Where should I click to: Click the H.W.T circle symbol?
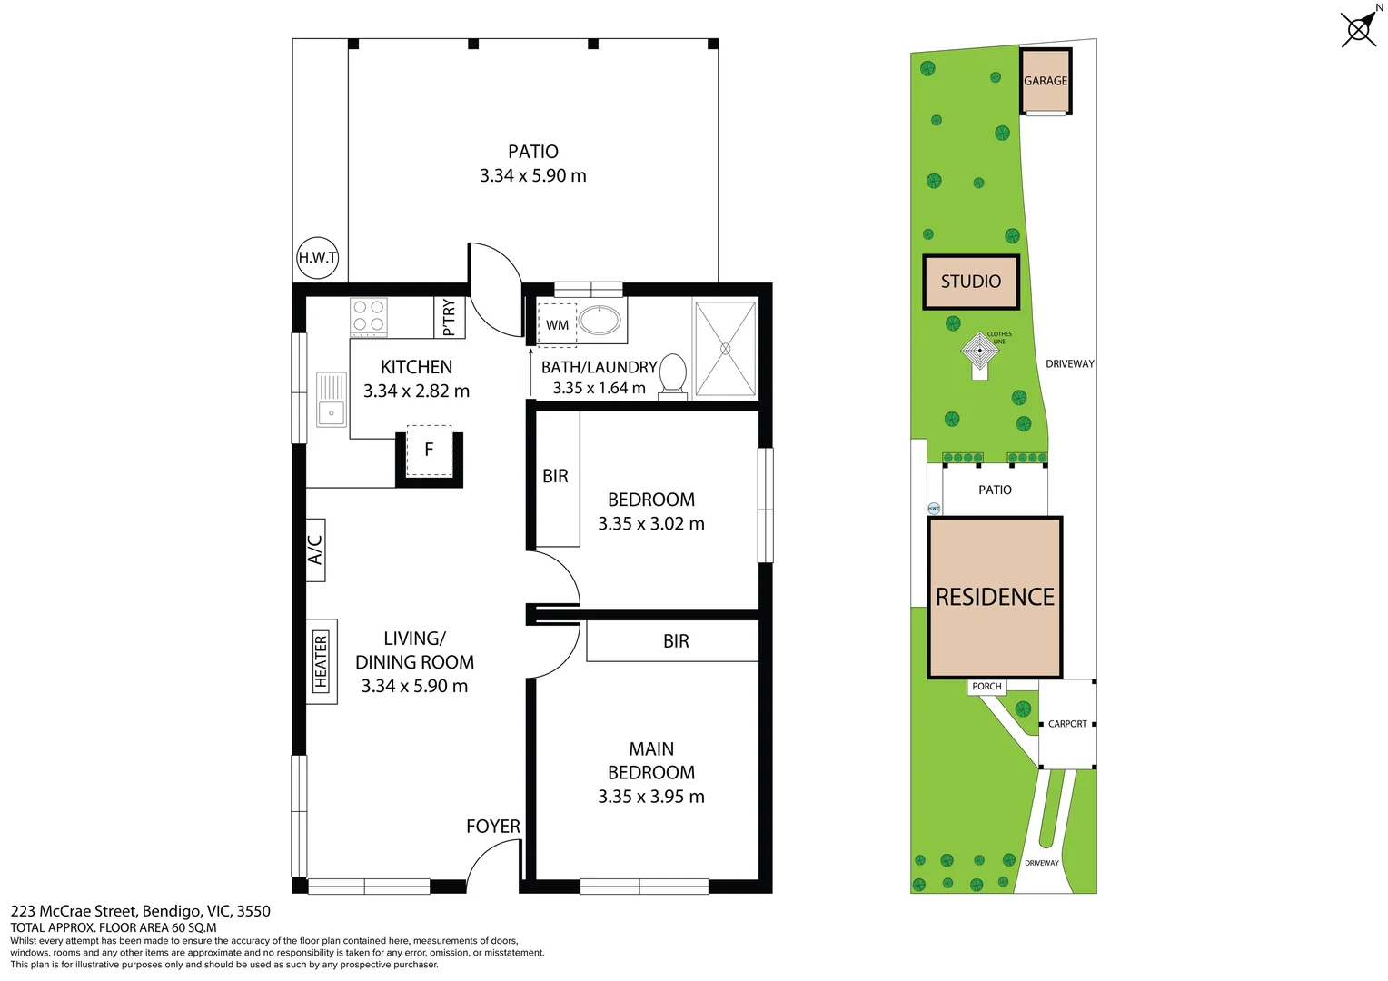point(318,258)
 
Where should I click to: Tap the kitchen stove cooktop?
point(369,317)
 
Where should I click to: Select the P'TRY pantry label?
point(449,317)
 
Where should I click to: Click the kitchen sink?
point(332,399)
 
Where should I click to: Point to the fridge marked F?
point(429,450)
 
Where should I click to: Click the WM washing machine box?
point(557,325)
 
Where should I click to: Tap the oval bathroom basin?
point(600,320)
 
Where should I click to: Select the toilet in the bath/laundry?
point(673,374)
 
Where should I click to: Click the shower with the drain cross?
point(725,349)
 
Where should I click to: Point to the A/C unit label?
point(315,550)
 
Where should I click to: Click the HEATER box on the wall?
point(321,661)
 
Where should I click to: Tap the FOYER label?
point(493,827)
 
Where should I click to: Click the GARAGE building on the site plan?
point(1046,81)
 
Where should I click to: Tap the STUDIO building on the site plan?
point(971,282)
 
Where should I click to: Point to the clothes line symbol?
point(980,352)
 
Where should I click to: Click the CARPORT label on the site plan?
point(1067,724)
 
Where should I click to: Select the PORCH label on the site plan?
point(986,687)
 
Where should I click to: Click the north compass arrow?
point(1360,28)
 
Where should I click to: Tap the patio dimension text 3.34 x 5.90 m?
point(533,176)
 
